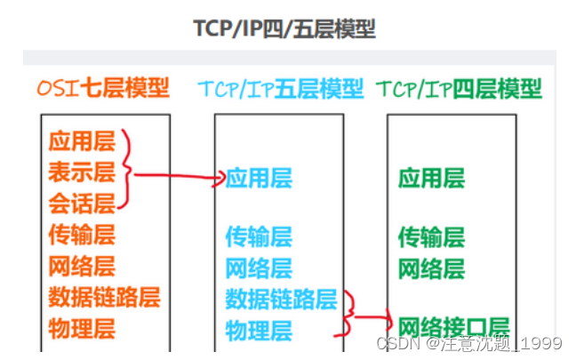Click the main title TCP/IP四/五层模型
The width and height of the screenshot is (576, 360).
point(284,28)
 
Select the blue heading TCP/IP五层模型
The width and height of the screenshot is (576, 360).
point(280,89)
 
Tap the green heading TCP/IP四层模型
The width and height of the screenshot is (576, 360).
point(459,89)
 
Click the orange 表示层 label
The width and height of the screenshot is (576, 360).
point(82,172)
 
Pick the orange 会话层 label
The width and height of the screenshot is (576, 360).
point(82,204)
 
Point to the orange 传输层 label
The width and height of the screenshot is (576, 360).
point(82,235)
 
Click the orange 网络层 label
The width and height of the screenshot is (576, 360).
point(82,266)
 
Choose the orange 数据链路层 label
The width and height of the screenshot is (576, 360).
point(104,297)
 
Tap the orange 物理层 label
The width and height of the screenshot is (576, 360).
point(82,328)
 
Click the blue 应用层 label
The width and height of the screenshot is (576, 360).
point(259,179)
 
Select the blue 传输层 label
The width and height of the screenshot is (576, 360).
point(259,236)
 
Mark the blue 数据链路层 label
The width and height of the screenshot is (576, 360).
point(281,299)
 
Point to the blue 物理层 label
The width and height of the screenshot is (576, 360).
point(259,331)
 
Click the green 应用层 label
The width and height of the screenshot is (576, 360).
point(431,179)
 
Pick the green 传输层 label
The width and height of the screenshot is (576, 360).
point(431,236)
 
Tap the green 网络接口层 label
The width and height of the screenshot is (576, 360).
point(453,326)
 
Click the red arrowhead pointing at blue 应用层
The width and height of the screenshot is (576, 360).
point(219,180)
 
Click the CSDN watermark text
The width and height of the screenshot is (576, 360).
point(471,343)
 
